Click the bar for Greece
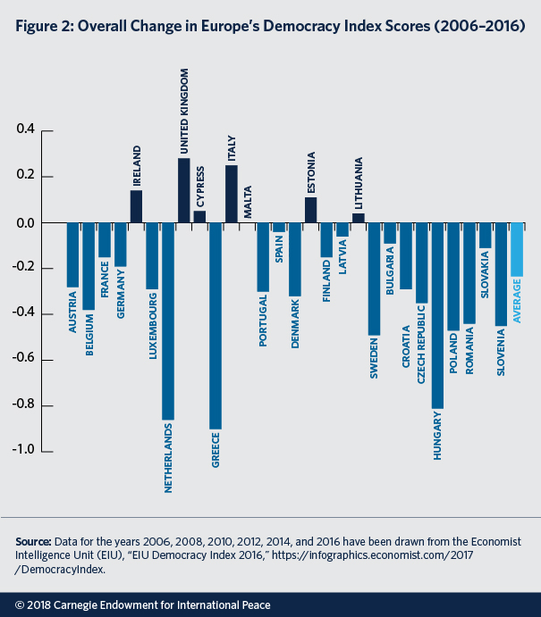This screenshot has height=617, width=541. pos(216,325)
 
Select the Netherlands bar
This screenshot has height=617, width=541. pos(168,321)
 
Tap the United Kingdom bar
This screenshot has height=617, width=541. pos(184,190)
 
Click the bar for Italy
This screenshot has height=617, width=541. pos(232,194)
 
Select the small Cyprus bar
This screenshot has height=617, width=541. pos(199,217)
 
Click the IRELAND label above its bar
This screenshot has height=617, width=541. pos(137,164)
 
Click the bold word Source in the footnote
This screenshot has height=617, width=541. pos(33,542)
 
